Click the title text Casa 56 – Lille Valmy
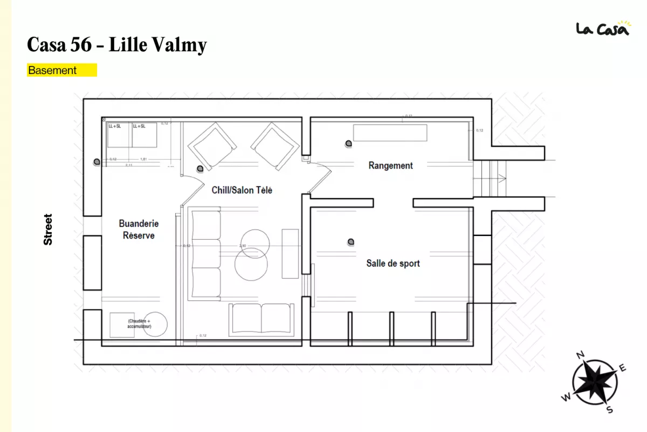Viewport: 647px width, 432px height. point(116,45)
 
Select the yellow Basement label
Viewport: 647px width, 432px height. point(61,70)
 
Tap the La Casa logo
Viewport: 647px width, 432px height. point(602,28)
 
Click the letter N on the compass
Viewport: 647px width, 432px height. point(581,355)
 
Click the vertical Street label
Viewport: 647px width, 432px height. point(48,230)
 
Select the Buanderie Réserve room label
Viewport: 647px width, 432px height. point(139,230)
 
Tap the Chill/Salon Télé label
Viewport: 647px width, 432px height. point(242,190)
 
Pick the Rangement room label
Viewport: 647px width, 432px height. point(390,166)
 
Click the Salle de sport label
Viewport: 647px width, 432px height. point(393,264)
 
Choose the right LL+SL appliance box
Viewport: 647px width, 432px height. point(144,135)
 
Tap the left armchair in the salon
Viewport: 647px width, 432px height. point(212,145)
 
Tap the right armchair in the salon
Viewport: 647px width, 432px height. point(274,145)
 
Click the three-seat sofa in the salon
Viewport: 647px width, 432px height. point(205,254)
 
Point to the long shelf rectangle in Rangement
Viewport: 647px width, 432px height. point(390,133)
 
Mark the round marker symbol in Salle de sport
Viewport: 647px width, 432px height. point(351,241)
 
